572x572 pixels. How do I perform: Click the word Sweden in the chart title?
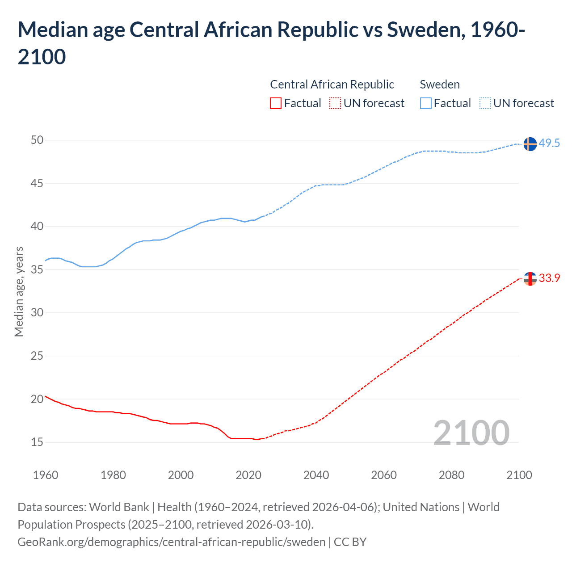pyautogui.click(x=417, y=30)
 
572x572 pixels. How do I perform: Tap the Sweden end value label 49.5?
pyautogui.click(x=549, y=143)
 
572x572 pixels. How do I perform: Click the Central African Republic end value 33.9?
pyautogui.click(x=549, y=278)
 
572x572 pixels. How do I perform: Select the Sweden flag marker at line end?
pyautogui.click(x=530, y=144)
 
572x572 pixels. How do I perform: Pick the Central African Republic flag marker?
pyautogui.click(x=530, y=279)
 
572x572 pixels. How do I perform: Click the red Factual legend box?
pyautogui.click(x=276, y=103)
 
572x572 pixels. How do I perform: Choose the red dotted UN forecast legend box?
pyautogui.click(x=335, y=103)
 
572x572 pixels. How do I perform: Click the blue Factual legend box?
pyautogui.click(x=426, y=103)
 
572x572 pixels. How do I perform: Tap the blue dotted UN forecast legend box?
pyautogui.click(x=485, y=103)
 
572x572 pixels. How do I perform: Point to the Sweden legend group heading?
pyautogui.click(x=440, y=84)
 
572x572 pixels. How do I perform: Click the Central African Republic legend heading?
pyautogui.click(x=332, y=84)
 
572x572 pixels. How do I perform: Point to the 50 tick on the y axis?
pyautogui.click(x=37, y=140)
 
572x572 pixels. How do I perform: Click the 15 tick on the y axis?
pyautogui.click(x=37, y=442)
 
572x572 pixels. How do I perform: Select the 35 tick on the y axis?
pyautogui.click(x=37, y=269)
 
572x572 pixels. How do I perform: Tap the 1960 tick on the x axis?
pyautogui.click(x=46, y=475)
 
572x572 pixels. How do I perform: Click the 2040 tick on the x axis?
pyautogui.click(x=316, y=475)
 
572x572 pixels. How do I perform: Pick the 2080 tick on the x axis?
pyautogui.click(x=451, y=475)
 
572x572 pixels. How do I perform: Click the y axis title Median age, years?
pyautogui.click(x=19, y=291)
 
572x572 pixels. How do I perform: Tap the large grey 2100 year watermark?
pyautogui.click(x=471, y=433)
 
